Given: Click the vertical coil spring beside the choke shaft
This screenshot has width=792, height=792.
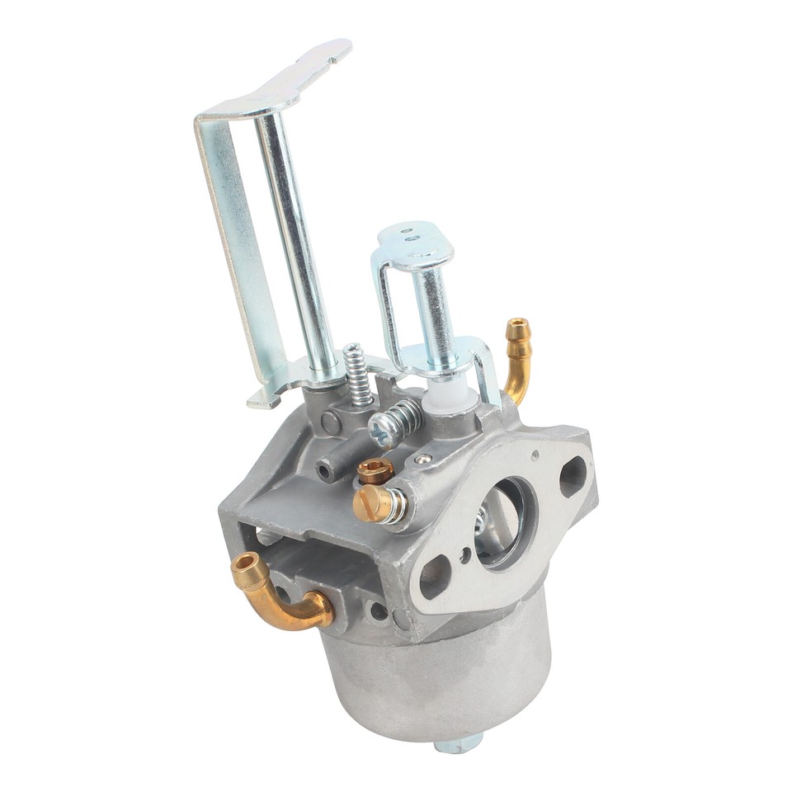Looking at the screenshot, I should pos(356,375).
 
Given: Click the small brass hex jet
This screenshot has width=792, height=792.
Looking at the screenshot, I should pos(375,470).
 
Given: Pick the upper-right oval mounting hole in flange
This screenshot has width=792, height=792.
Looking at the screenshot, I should pos(572,476).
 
